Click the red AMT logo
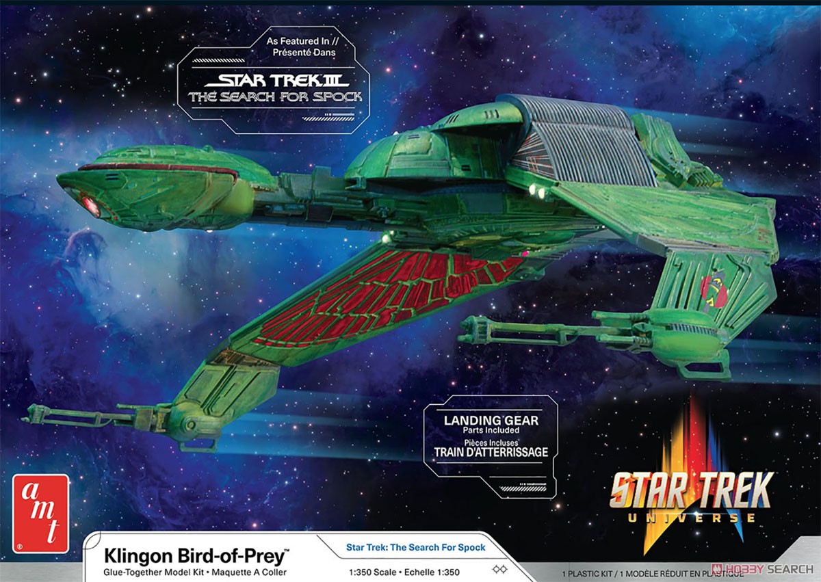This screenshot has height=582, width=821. click(40, 514)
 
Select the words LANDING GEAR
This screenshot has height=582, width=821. click(491, 421)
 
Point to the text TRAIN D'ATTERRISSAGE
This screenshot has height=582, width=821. click(491, 452)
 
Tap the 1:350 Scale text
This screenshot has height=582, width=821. click(372, 572)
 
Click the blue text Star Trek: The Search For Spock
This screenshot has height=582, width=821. click(416, 548)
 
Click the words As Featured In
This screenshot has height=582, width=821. click(298, 42)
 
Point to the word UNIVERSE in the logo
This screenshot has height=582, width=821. click(691, 518)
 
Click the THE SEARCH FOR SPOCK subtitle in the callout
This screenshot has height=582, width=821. click(275, 97)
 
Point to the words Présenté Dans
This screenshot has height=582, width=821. click(304, 53)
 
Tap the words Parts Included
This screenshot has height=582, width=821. click(491, 430)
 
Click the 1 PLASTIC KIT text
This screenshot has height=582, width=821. click(587, 574)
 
